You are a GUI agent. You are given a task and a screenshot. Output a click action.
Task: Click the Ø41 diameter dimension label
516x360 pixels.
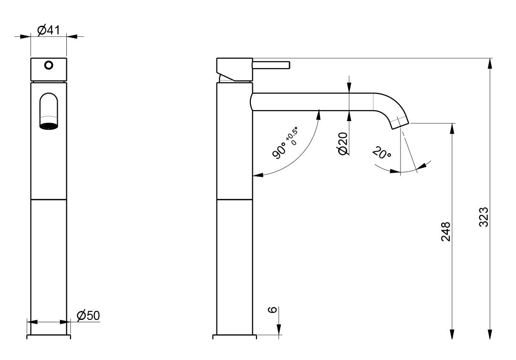pyautogui.click(x=48, y=30)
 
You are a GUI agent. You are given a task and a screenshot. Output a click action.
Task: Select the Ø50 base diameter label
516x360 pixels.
pyautogui.click(x=88, y=315)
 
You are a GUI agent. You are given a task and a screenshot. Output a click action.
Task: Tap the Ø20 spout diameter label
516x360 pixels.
pyautogui.click(x=342, y=143)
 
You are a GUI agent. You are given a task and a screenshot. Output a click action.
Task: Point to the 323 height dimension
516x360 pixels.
pyautogui.click(x=483, y=217)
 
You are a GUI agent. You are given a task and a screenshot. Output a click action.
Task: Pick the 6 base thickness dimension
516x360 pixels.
pyautogui.click(x=272, y=309)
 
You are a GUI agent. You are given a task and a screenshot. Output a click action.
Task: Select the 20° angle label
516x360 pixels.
pyautogui.click(x=382, y=154)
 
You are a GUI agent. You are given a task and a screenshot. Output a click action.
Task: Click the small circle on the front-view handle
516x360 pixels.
pyautogui.click(x=48, y=65)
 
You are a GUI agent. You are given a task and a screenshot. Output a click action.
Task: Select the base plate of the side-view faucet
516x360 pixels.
pyautogui.click(x=234, y=336)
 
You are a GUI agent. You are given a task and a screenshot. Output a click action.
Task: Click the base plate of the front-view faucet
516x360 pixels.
pyautogui.click(x=48, y=336)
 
